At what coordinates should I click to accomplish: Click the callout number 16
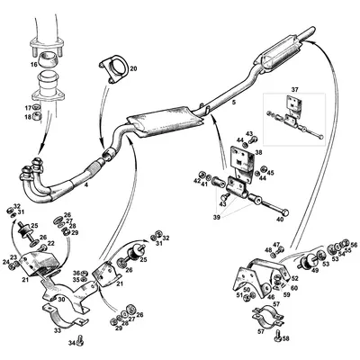[33, 66]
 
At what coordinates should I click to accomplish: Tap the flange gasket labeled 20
[115, 66]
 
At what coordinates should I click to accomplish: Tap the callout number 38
[258, 153]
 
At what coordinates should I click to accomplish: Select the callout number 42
[196, 182]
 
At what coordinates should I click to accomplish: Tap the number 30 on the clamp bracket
[61, 300]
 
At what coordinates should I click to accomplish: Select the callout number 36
[77, 272]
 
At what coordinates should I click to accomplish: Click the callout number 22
[50, 243]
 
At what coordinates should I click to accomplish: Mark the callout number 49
[315, 269]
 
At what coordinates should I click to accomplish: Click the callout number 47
[276, 243]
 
